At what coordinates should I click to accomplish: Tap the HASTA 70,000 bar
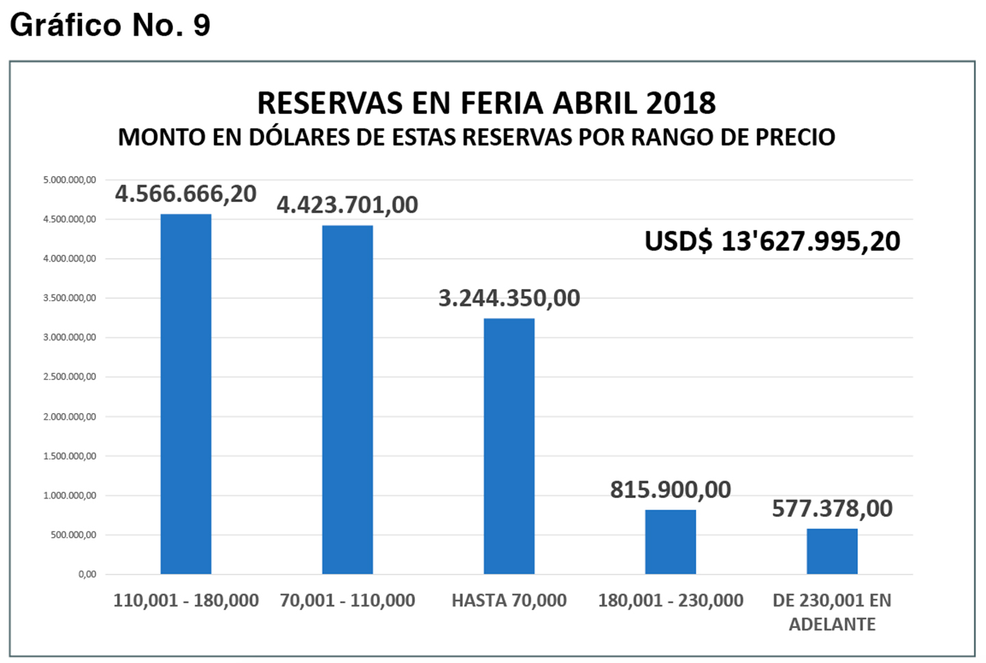[x=509, y=446]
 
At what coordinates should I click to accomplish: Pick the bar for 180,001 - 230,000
[x=670, y=542]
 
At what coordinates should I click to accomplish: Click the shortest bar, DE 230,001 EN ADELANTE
[x=832, y=551]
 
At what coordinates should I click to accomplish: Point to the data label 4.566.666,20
[x=186, y=194]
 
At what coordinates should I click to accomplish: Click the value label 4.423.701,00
[x=347, y=205]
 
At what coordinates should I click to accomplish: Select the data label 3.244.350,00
[x=509, y=298]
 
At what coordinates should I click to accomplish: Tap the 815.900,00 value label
[x=670, y=490]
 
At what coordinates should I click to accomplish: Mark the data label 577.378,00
[x=832, y=508]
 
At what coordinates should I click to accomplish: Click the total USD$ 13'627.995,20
[x=772, y=241]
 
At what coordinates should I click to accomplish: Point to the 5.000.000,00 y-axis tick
[x=69, y=180]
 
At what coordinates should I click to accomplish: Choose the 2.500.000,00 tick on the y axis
[x=69, y=377]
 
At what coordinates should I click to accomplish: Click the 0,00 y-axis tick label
[x=87, y=575]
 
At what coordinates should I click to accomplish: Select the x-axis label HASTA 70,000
[x=509, y=601]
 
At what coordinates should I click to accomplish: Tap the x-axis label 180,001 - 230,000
[x=670, y=601]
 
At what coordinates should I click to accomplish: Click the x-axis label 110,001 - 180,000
[x=186, y=601]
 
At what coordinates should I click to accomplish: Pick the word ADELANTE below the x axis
[x=832, y=625]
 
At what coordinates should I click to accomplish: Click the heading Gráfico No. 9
[x=110, y=25]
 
